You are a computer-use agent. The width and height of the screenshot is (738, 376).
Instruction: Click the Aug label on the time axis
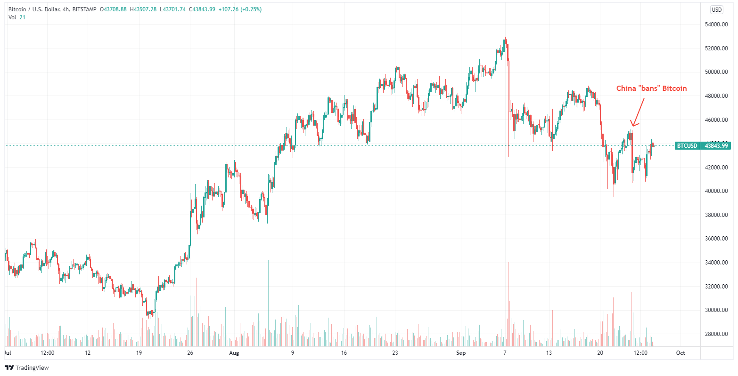pyautogui.click(x=234, y=352)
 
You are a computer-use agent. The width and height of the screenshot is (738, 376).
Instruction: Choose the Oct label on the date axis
pyautogui.click(x=681, y=352)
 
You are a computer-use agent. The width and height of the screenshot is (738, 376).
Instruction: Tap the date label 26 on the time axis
pyautogui.click(x=190, y=352)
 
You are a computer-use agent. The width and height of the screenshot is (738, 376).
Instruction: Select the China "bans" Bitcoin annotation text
pyautogui.click(x=652, y=88)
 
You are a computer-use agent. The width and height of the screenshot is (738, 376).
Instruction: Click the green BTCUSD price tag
pyautogui.click(x=687, y=146)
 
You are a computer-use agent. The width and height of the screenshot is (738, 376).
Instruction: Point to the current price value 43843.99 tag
pyautogui.click(x=716, y=146)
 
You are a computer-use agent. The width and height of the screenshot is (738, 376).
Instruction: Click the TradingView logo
pyautogui.click(x=27, y=368)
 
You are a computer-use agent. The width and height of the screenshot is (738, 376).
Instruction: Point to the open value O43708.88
pyautogui.click(x=114, y=9)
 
